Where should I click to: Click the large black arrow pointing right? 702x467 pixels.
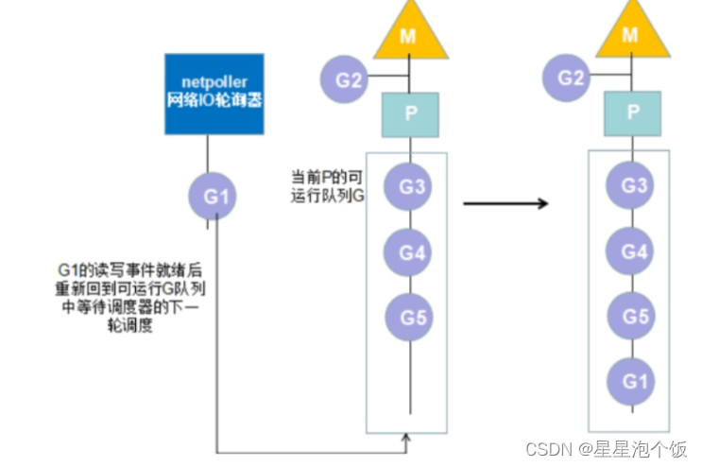(x=505, y=203)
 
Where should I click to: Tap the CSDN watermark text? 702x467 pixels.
(x=605, y=447)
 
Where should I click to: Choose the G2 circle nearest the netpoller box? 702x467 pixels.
(x=347, y=79)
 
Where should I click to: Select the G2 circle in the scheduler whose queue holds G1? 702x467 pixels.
(x=570, y=78)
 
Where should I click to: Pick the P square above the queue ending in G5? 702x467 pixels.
(x=409, y=113)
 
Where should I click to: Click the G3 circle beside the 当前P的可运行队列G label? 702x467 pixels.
(x=411, y=186)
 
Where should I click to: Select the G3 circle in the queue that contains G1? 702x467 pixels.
(x=631, y=185)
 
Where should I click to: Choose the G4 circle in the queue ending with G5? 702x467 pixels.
(x=409, y=252)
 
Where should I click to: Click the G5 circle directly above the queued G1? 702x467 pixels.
(x=630, y=315)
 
